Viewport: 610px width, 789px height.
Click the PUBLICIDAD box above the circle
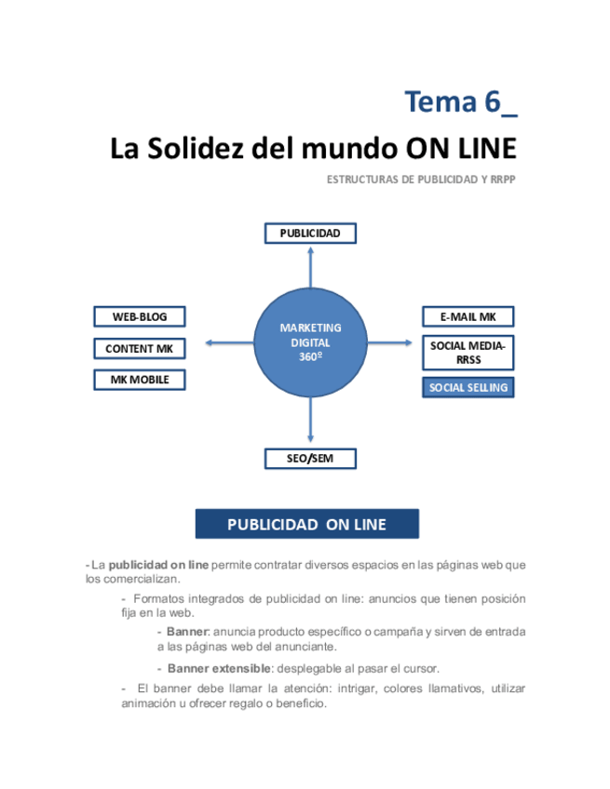(310, 234)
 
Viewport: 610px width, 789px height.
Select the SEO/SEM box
(310, 458)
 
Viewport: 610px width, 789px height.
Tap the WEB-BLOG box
(140, 316)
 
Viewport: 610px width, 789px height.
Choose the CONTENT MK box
(140, 348)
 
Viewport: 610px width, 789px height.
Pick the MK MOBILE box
(140, 380)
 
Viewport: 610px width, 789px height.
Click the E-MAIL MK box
(468, 316)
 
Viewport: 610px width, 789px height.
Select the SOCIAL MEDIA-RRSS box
(468, 352)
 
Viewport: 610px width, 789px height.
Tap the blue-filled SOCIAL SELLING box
(468, 387)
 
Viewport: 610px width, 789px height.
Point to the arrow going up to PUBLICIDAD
(310, 267)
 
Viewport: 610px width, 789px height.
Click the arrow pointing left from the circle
(229, 343)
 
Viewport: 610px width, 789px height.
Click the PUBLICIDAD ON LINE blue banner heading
(306, 524)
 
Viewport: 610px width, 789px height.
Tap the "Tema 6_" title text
(461, 101)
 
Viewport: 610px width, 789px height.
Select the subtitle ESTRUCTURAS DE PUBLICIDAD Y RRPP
(421, 180)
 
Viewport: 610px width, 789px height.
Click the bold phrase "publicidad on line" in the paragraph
(158, 565)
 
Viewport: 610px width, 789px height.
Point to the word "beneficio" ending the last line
(300, 703)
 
